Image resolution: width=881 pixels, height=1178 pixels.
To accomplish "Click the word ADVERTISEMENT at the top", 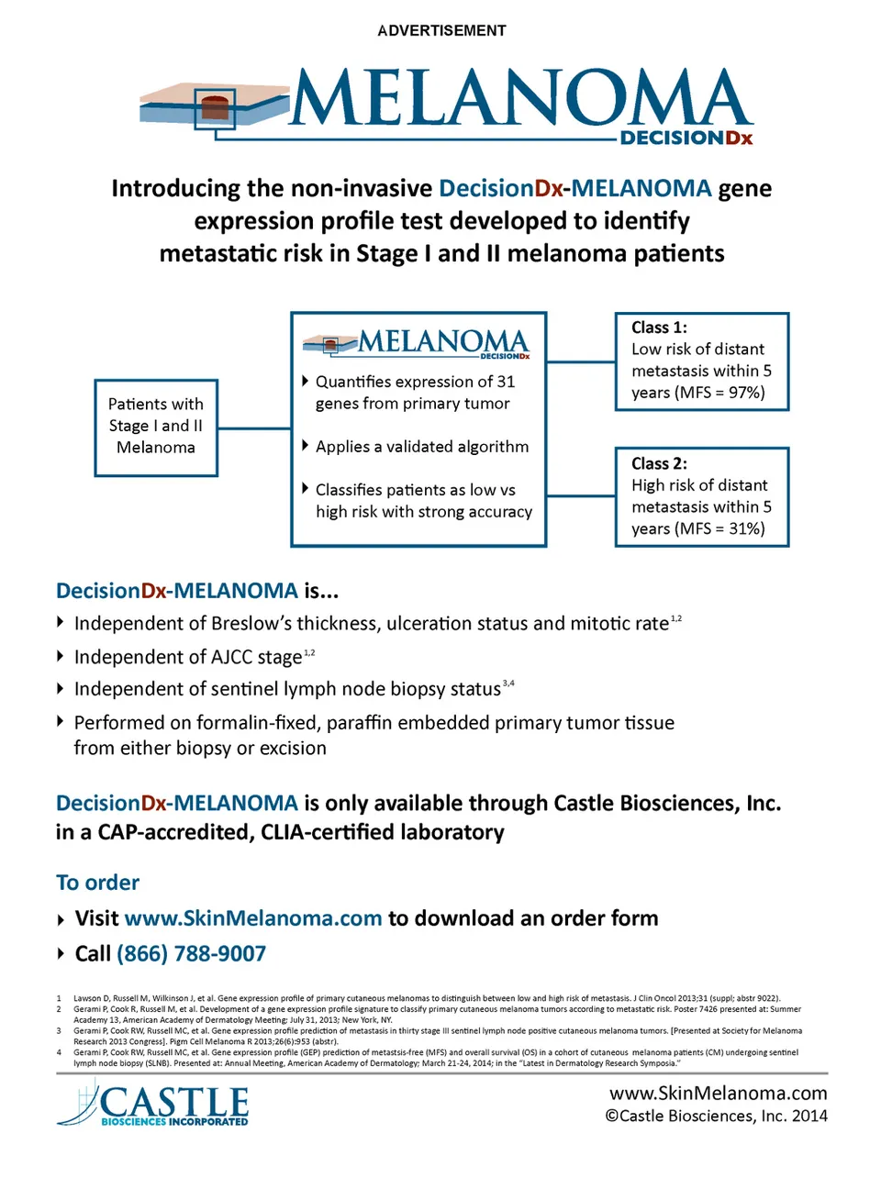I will click(441, 30).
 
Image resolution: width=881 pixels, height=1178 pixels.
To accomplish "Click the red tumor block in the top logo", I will click(215, 106).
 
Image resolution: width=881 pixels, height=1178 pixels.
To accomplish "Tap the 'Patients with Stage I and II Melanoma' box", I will click(156, 427).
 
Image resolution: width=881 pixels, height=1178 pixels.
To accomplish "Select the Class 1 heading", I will click(659, 328).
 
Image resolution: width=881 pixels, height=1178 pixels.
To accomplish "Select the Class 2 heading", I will click(659, 463).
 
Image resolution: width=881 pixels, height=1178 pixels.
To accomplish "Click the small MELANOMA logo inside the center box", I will click(417, 343).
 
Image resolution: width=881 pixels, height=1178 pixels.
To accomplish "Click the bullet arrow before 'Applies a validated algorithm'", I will click(306, 446).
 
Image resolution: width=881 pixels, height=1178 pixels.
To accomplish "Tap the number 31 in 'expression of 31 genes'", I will click(506, 382).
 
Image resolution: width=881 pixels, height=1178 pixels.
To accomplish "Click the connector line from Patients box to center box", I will click(254, 428).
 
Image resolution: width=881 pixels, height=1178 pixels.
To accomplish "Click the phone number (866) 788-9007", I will click(191, 954).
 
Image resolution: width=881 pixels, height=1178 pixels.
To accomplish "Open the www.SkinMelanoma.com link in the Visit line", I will click(252, 918).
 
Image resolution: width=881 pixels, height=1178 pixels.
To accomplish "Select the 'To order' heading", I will click(97, 883).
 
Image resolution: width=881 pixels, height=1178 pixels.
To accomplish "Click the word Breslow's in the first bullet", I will click(250, 624).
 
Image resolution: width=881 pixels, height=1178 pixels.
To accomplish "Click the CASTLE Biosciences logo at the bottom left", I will click(154, 1105).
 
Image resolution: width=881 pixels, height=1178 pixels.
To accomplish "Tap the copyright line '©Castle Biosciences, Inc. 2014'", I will click(716, 1116).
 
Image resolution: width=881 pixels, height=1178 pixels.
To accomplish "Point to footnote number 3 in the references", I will click(59, 1031).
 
